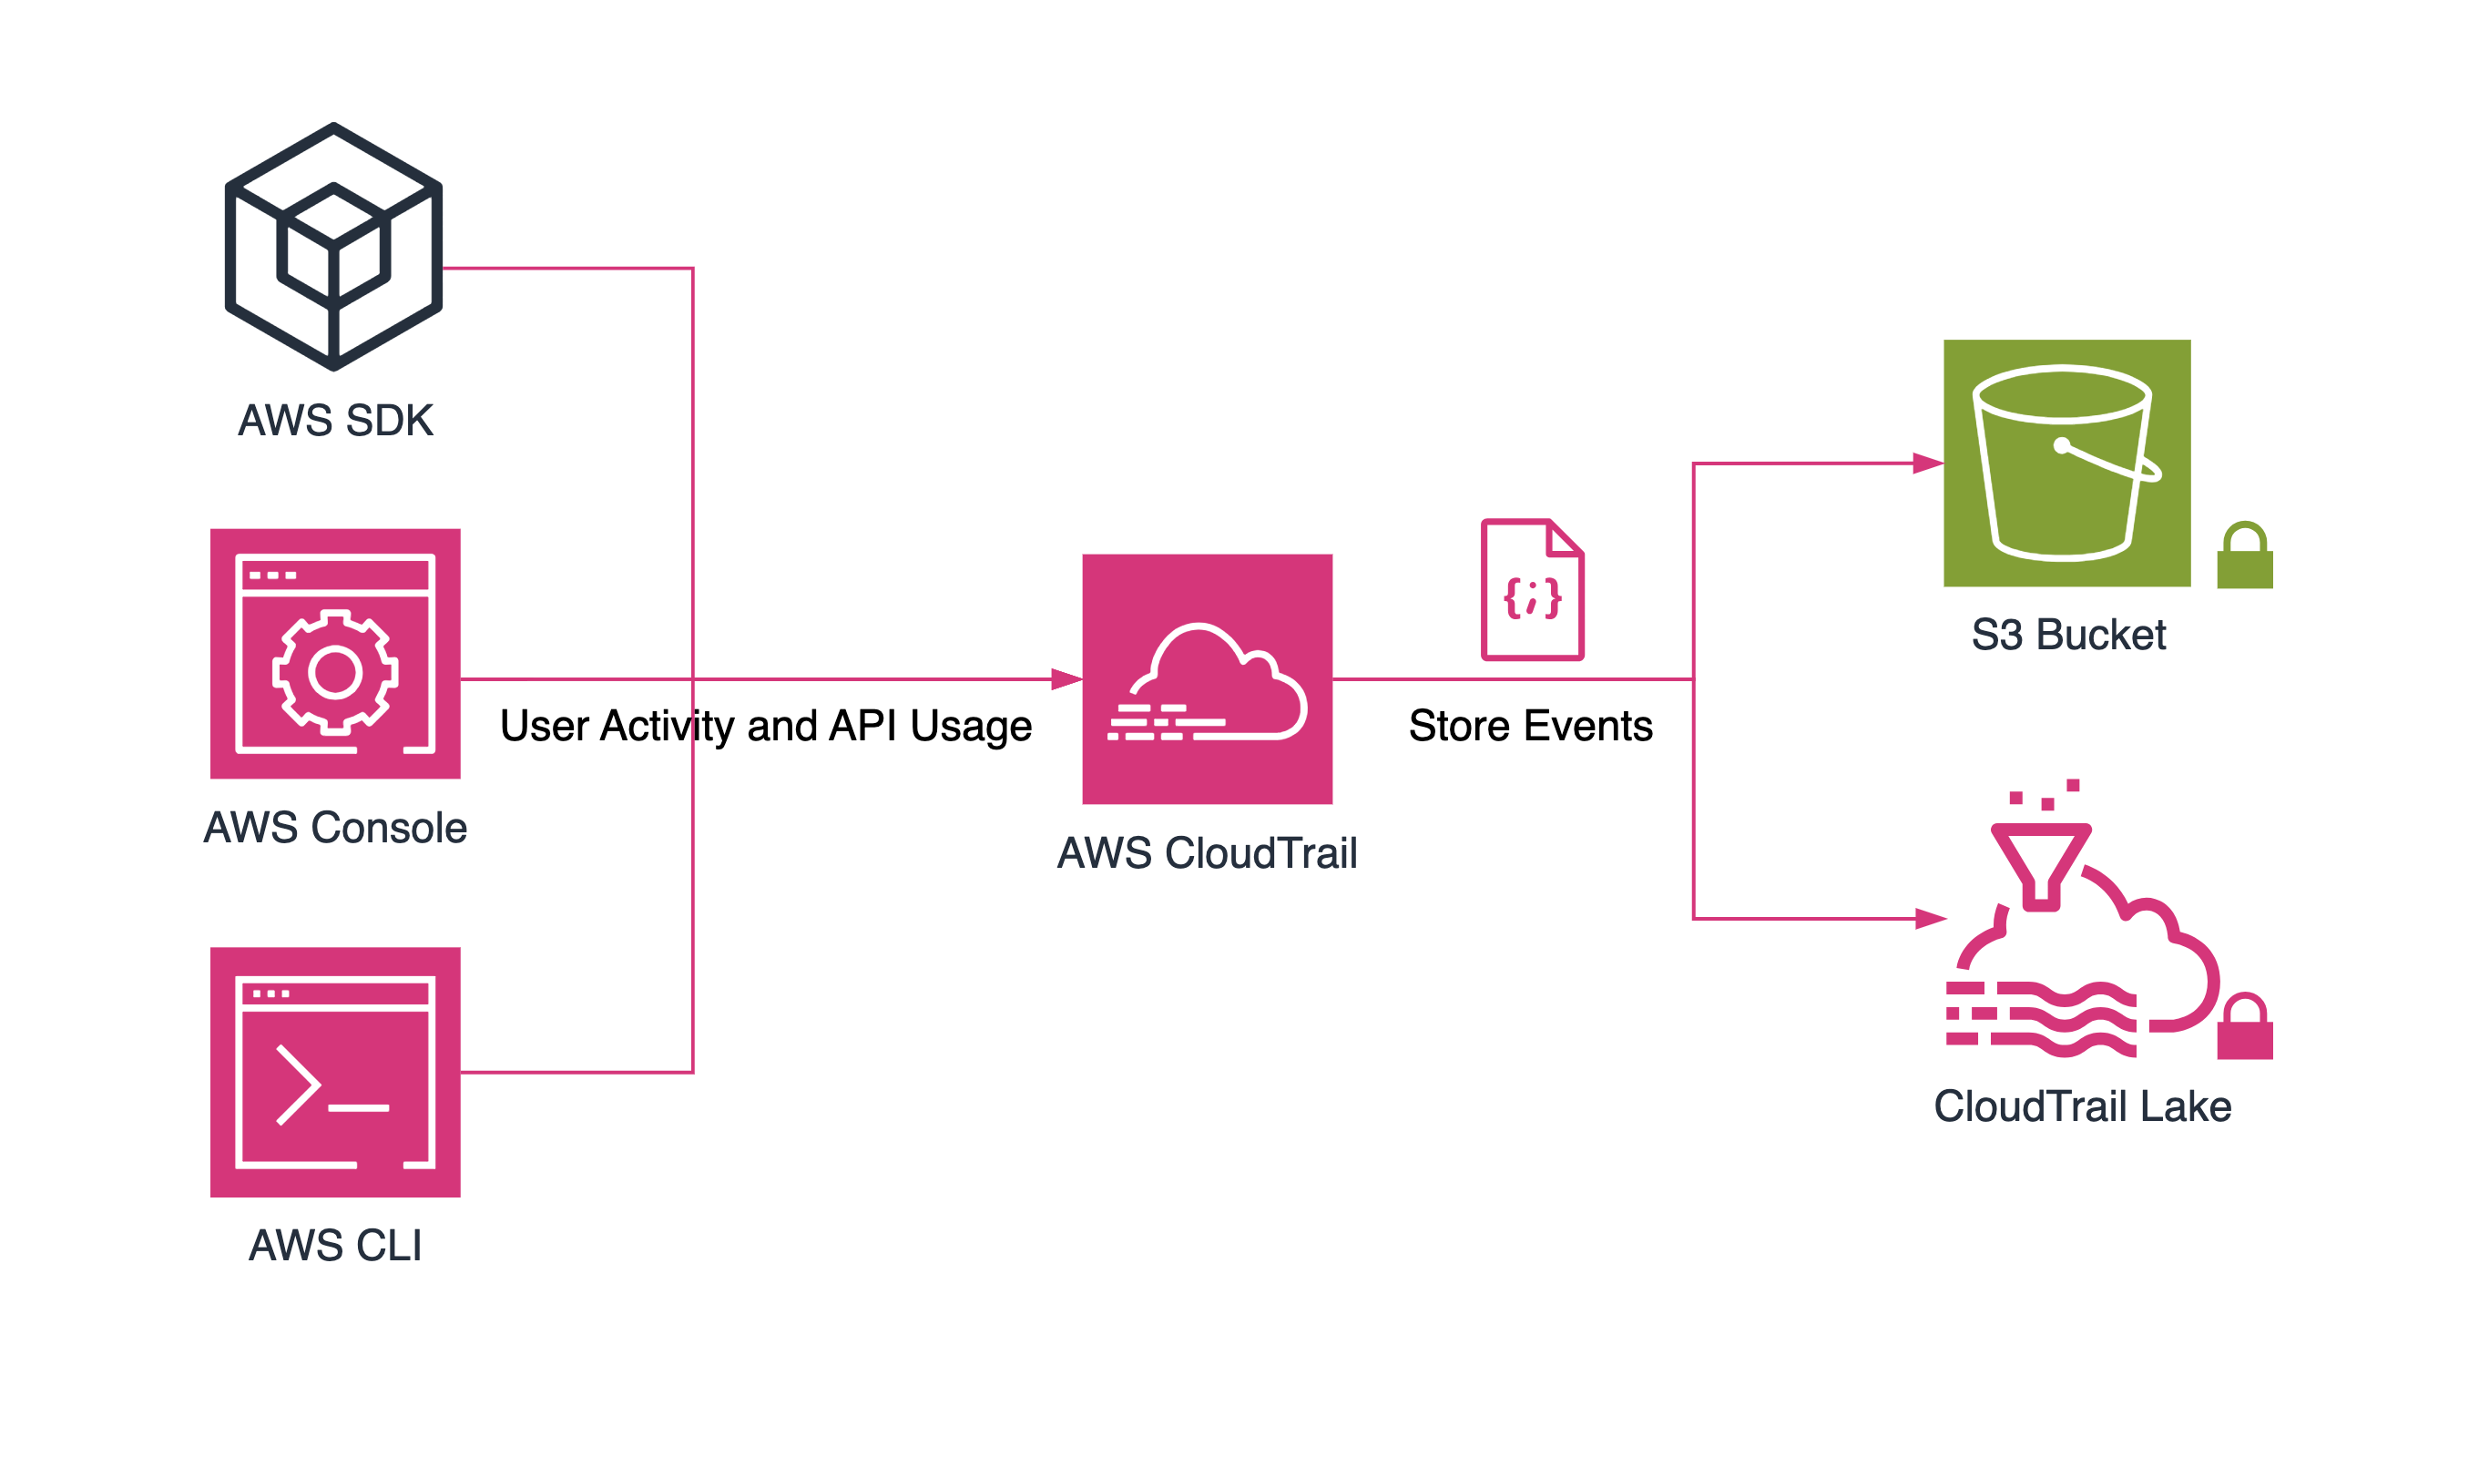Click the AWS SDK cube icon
[333, 247]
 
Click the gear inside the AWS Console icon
[334, 673]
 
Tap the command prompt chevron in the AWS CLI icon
[298, 1085]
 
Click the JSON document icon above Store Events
[1532, 588]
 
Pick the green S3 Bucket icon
[2066, 464]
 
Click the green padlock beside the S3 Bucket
[2245, 555]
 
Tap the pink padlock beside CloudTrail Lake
[2245, 1027]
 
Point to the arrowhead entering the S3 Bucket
[1928, 464]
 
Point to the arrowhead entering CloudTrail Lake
[1930, 919]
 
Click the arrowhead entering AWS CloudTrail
[1066, 678]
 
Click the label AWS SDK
[335, 421]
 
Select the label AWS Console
[335, 828]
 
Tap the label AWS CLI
[335, 1246]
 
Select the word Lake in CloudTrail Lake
[2185, 1106]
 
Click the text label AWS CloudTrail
[1207, 853]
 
